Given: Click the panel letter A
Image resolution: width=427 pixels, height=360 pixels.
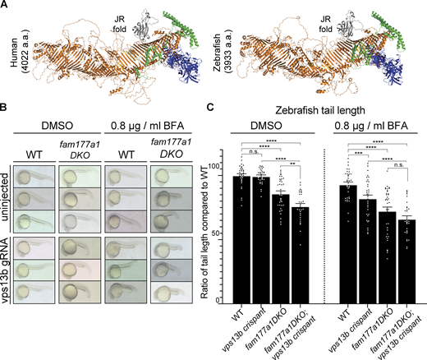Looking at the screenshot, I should point(5,6).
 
